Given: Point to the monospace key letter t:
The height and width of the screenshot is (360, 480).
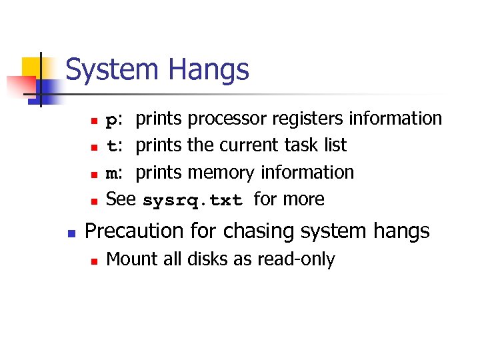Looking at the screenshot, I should pos(114,146).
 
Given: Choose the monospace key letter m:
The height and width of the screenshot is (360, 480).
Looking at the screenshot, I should pos(114,173).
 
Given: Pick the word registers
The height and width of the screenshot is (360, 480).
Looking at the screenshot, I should pos(305,119).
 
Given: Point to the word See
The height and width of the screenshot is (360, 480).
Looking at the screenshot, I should pos(121,199).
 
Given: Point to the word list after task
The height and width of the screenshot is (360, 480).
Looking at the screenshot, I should pos(335,145).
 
